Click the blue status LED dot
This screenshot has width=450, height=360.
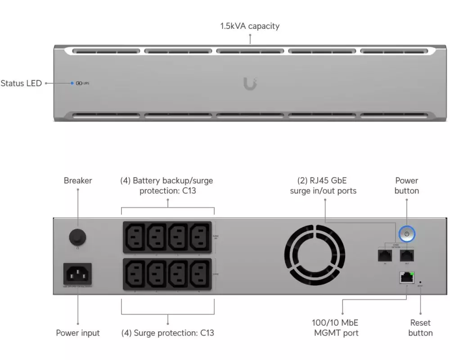click(x=72, y=83)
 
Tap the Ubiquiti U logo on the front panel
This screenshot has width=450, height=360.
click(x=250, y=83)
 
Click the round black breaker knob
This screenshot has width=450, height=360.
click(x=78, y=236)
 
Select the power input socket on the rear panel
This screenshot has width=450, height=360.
click(x=78, y=273)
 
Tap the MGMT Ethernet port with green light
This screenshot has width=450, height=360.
click(x=406, y=278)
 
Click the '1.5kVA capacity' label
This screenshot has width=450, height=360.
click(x=250, y=26)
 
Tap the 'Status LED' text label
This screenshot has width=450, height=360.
click(x=21, y=83)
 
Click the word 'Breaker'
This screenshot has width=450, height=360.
click(x=78, y=181)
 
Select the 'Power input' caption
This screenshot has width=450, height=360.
click(x=78, y=333)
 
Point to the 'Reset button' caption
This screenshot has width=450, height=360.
click(x=420, y=328)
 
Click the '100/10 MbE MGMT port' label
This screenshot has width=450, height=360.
click(x=335, y=328)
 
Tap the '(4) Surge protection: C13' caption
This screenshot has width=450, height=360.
click(x=168, y=333)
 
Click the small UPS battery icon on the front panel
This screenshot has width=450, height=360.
click(x=80, y=83)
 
